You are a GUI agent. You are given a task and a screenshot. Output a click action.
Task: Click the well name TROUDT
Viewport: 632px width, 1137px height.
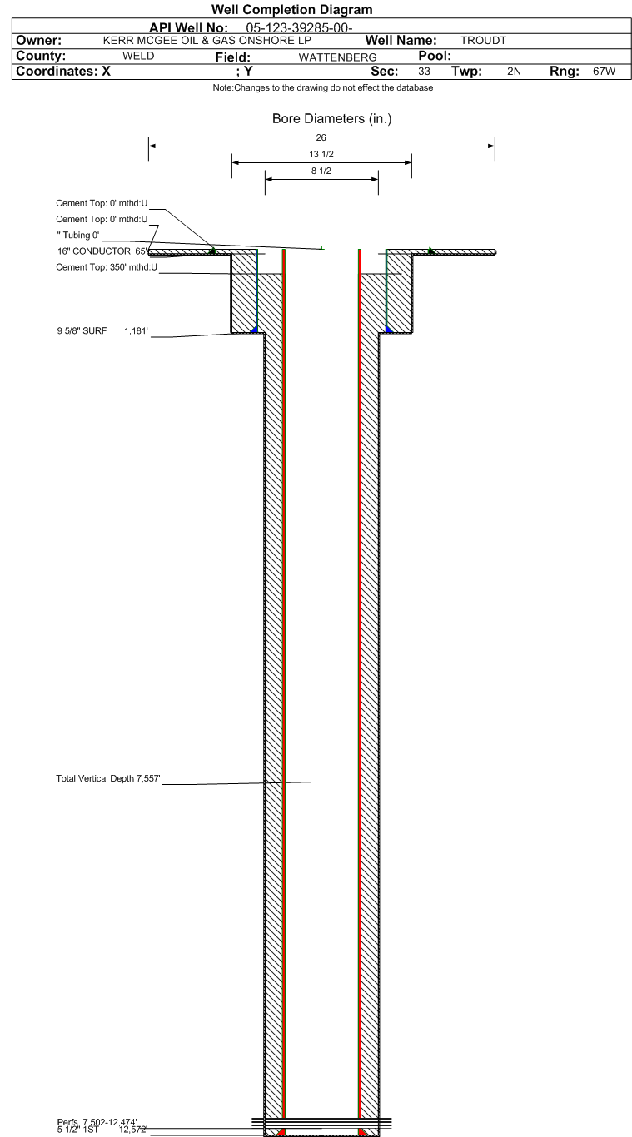[x=478, y=41]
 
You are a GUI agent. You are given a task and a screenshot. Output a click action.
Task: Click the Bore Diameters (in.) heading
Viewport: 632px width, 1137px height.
[x=331, y=120]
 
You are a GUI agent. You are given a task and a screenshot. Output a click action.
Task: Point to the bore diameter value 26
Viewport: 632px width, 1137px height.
[x=321, y=139]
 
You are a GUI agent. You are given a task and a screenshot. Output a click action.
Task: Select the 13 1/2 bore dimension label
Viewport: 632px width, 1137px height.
[x=321, y=154]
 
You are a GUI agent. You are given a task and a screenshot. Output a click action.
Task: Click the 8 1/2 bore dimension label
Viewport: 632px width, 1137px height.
[x=321, y=171]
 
